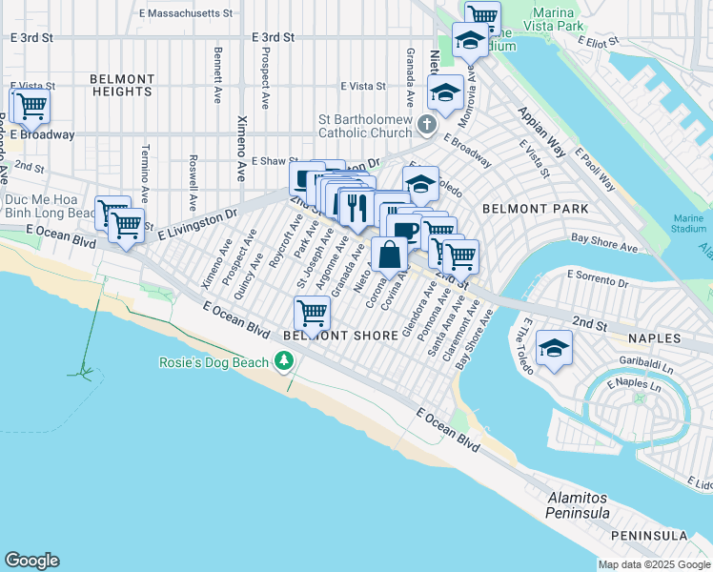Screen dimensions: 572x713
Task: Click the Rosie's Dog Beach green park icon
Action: point(283,361)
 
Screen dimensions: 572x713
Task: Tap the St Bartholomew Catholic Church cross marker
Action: point(426,125)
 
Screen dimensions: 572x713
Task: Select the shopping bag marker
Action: point(390,255)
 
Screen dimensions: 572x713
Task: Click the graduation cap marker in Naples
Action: point(554,348)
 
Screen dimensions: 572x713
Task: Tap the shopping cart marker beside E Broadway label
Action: point(31,107)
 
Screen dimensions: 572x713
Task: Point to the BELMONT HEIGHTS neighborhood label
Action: point(122,85)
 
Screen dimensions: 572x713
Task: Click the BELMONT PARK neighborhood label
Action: point(535,208)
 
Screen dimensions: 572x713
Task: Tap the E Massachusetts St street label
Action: point(186,14)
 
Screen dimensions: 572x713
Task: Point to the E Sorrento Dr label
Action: point(600,275)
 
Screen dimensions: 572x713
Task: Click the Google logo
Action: point(31,561)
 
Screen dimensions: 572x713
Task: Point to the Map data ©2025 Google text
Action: point(653,564)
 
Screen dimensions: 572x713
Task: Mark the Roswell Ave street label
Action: point(193,176)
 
